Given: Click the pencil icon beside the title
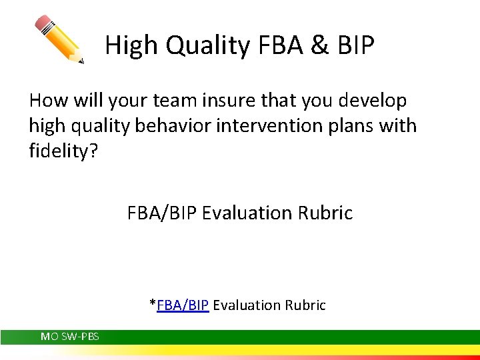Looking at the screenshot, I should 59,39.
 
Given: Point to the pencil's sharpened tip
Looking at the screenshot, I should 81,61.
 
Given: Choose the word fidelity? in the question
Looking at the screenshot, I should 63,151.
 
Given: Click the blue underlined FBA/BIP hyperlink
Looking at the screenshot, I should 183,305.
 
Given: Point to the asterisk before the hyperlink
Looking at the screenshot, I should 153,304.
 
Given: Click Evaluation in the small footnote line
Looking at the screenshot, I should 247,305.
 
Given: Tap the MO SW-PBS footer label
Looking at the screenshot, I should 70,337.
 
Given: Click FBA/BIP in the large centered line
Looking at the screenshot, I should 162,213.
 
